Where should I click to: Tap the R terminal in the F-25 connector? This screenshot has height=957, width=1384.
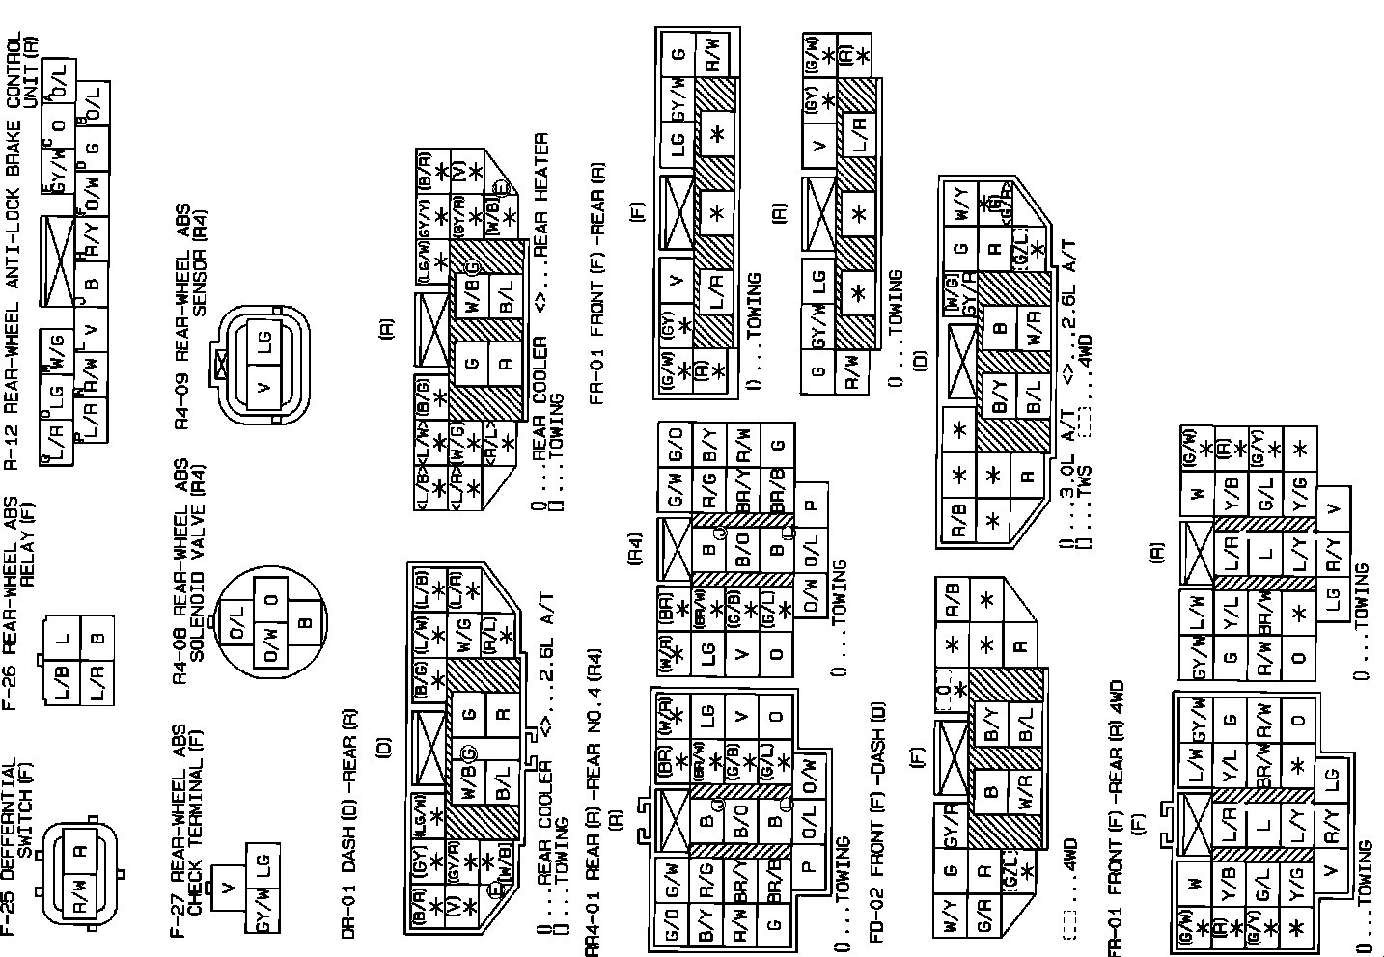point(81,850)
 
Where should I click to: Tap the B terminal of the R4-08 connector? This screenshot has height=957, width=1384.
point(303,622)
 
